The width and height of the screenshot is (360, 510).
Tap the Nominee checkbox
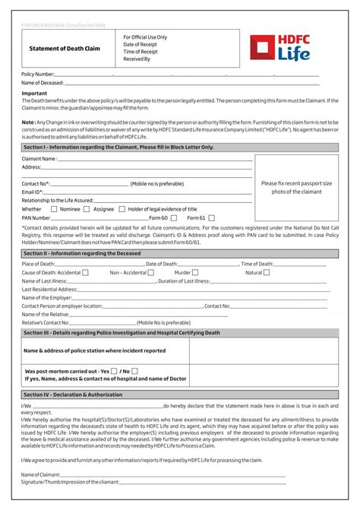coord(54,209)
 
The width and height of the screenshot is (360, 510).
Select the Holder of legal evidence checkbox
coord(122,209)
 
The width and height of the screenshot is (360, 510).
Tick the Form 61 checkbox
coord(212,217)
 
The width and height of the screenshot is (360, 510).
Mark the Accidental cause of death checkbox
coord(85,272)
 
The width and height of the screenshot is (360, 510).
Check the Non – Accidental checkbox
coord(152,272)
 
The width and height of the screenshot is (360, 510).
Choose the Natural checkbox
coord(267,272)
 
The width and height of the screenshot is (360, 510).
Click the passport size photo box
coord(296,188)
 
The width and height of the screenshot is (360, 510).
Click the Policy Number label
coord(38,74)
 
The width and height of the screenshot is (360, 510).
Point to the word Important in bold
coord(35,93)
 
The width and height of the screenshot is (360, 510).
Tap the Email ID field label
coord(33,192)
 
